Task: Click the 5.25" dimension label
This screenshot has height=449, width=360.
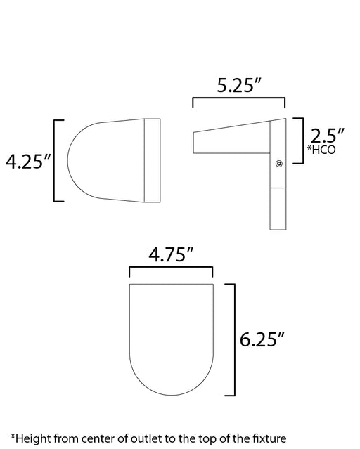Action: [x=240, y=85]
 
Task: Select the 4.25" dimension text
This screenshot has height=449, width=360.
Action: [x=28, y=161]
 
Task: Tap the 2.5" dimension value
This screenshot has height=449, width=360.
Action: [x=327, y=136]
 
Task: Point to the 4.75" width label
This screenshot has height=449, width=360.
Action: [x=171, y=254]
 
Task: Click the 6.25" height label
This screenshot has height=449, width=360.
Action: [x=262, y=339]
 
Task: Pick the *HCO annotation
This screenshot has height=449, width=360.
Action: [x=321, y=150]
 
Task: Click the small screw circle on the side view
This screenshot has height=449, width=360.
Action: [x=279, y=164]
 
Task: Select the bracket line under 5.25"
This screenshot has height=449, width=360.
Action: [x=239, y=98]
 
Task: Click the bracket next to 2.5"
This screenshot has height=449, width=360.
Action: [x=302, y=141]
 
